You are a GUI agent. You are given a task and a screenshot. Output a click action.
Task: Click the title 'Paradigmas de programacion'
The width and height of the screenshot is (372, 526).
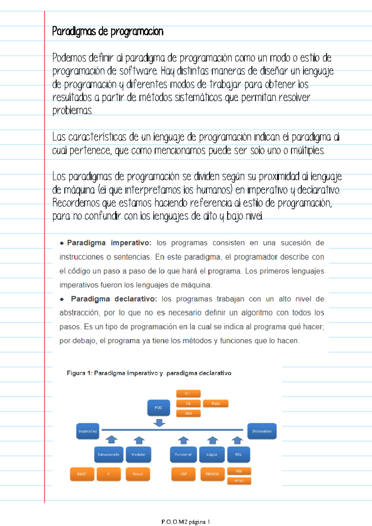point(108,32)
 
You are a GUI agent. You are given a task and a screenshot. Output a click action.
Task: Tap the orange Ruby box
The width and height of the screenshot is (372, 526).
point(215,403)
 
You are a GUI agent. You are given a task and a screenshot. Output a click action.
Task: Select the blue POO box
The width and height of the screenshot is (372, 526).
point(158,408)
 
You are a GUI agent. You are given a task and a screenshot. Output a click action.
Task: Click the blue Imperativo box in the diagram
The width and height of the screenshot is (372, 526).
point(88,431)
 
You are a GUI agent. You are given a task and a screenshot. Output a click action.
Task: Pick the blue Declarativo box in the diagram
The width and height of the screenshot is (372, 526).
point(262,431)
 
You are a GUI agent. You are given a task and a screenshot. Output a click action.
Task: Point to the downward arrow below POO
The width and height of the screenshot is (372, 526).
point(159,423)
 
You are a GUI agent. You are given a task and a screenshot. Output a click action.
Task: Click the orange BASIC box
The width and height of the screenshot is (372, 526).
point(82,474)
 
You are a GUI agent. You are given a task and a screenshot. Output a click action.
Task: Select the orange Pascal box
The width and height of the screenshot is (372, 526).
point(138,474)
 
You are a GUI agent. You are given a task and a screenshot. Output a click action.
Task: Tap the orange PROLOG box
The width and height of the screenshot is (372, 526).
point(212,474)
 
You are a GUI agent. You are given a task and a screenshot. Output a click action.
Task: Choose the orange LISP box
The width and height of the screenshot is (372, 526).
point(183,474)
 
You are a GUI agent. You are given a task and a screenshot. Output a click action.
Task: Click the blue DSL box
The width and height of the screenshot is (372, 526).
point(238,454)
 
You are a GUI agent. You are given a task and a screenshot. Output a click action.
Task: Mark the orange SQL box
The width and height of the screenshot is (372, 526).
point(239,471)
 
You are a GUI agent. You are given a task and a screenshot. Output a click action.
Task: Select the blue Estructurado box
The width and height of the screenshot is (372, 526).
point(108,454)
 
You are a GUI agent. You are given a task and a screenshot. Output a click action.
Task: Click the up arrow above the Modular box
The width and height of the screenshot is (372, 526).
point(139,440)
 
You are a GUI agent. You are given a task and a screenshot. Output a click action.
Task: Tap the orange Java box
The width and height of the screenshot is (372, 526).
point(188,413)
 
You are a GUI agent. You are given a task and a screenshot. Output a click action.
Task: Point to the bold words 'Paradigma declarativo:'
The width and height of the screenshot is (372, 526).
point(114,299)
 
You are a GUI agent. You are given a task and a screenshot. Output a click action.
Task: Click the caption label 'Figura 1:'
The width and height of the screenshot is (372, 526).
point(79,373)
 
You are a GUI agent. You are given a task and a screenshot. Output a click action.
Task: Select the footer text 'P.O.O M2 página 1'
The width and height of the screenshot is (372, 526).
point(186,522)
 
